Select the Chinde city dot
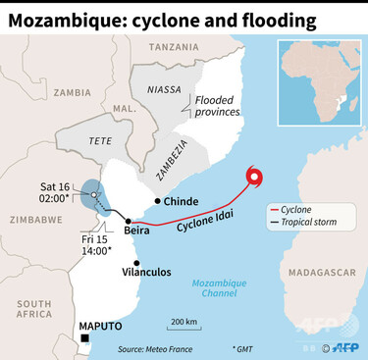[x=158, y=201]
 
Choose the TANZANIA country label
[x=173, y=46]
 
